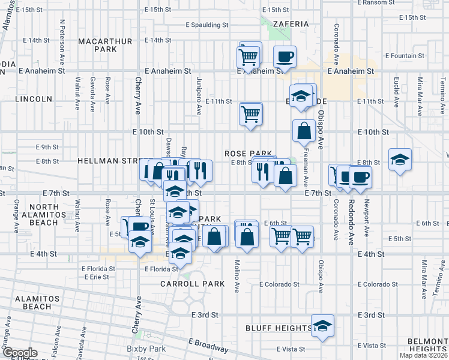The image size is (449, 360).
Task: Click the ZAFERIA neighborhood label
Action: click(x=290, y=24)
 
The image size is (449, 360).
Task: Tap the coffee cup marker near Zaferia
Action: click(x=285, y=57)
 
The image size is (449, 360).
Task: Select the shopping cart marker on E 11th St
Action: click(x=250, y=112)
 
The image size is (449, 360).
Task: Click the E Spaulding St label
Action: click(x=207, y=25)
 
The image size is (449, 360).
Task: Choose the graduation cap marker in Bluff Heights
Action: click(x=322, y=326)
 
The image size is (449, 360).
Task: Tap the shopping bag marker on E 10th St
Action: click(x=304, y=130)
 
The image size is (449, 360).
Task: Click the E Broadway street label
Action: click(x=208, y=345)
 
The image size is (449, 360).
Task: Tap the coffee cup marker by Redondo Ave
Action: click(x=360, y=176)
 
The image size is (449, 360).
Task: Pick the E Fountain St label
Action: click(x=405, y=56)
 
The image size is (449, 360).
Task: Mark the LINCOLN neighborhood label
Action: click(x=34, y=98)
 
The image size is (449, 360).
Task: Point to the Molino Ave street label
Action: click(x=237, y=276)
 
